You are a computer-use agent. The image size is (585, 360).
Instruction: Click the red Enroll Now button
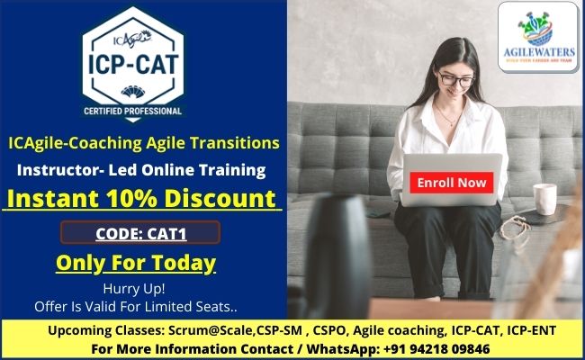pos(452,182)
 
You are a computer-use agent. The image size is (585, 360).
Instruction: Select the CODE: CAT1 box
pos(139,233)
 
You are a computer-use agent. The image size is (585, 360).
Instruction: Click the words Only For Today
pos(136,263)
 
